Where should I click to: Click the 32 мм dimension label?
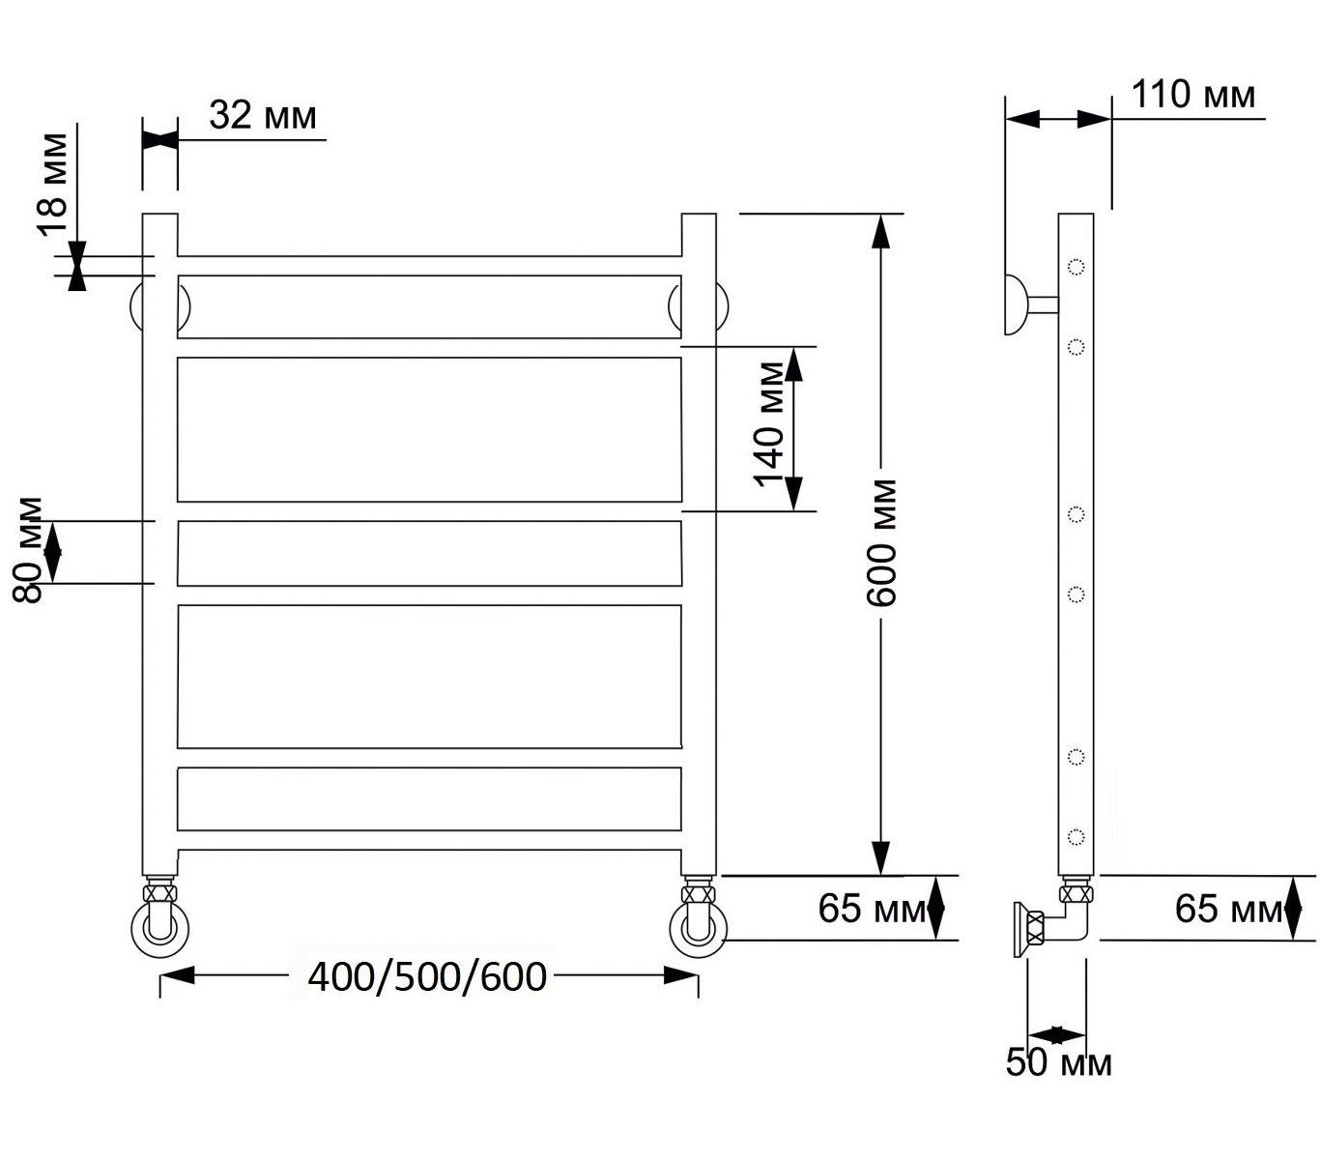click(x=262, y=116)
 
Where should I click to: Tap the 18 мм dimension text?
click(x=53, y=184)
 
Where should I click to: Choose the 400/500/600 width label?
click(x=427, y=977)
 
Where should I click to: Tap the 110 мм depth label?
click(x=1193, y=95)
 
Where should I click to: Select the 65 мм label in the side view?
click(x=1228, y=909)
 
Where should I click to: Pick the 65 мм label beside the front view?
click(x=871, y=909)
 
